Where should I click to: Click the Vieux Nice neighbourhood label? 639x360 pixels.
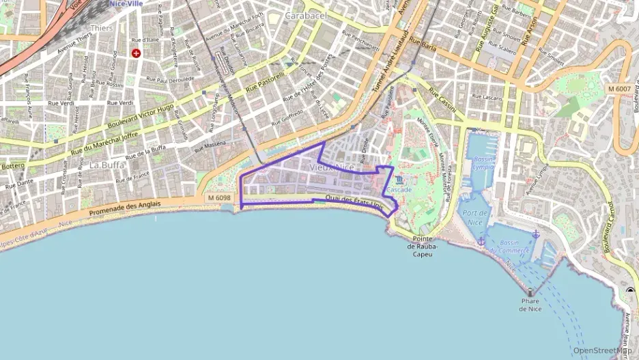click(332, 167)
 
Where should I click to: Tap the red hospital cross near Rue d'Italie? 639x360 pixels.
click(137, 53)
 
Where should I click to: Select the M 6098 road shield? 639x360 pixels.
click(218, 197)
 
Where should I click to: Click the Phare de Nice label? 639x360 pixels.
click(530, 305)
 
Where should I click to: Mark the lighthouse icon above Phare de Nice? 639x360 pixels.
click(530, 292)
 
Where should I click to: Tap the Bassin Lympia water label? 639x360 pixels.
click(483, 163)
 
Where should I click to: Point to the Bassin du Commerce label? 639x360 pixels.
click(514, 247)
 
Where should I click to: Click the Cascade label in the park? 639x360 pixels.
click(399, 189)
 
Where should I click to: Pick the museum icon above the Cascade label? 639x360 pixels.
click(399, 180)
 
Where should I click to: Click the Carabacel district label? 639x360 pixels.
click(306, 15)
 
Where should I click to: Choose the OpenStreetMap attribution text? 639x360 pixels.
click(601, 350)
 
